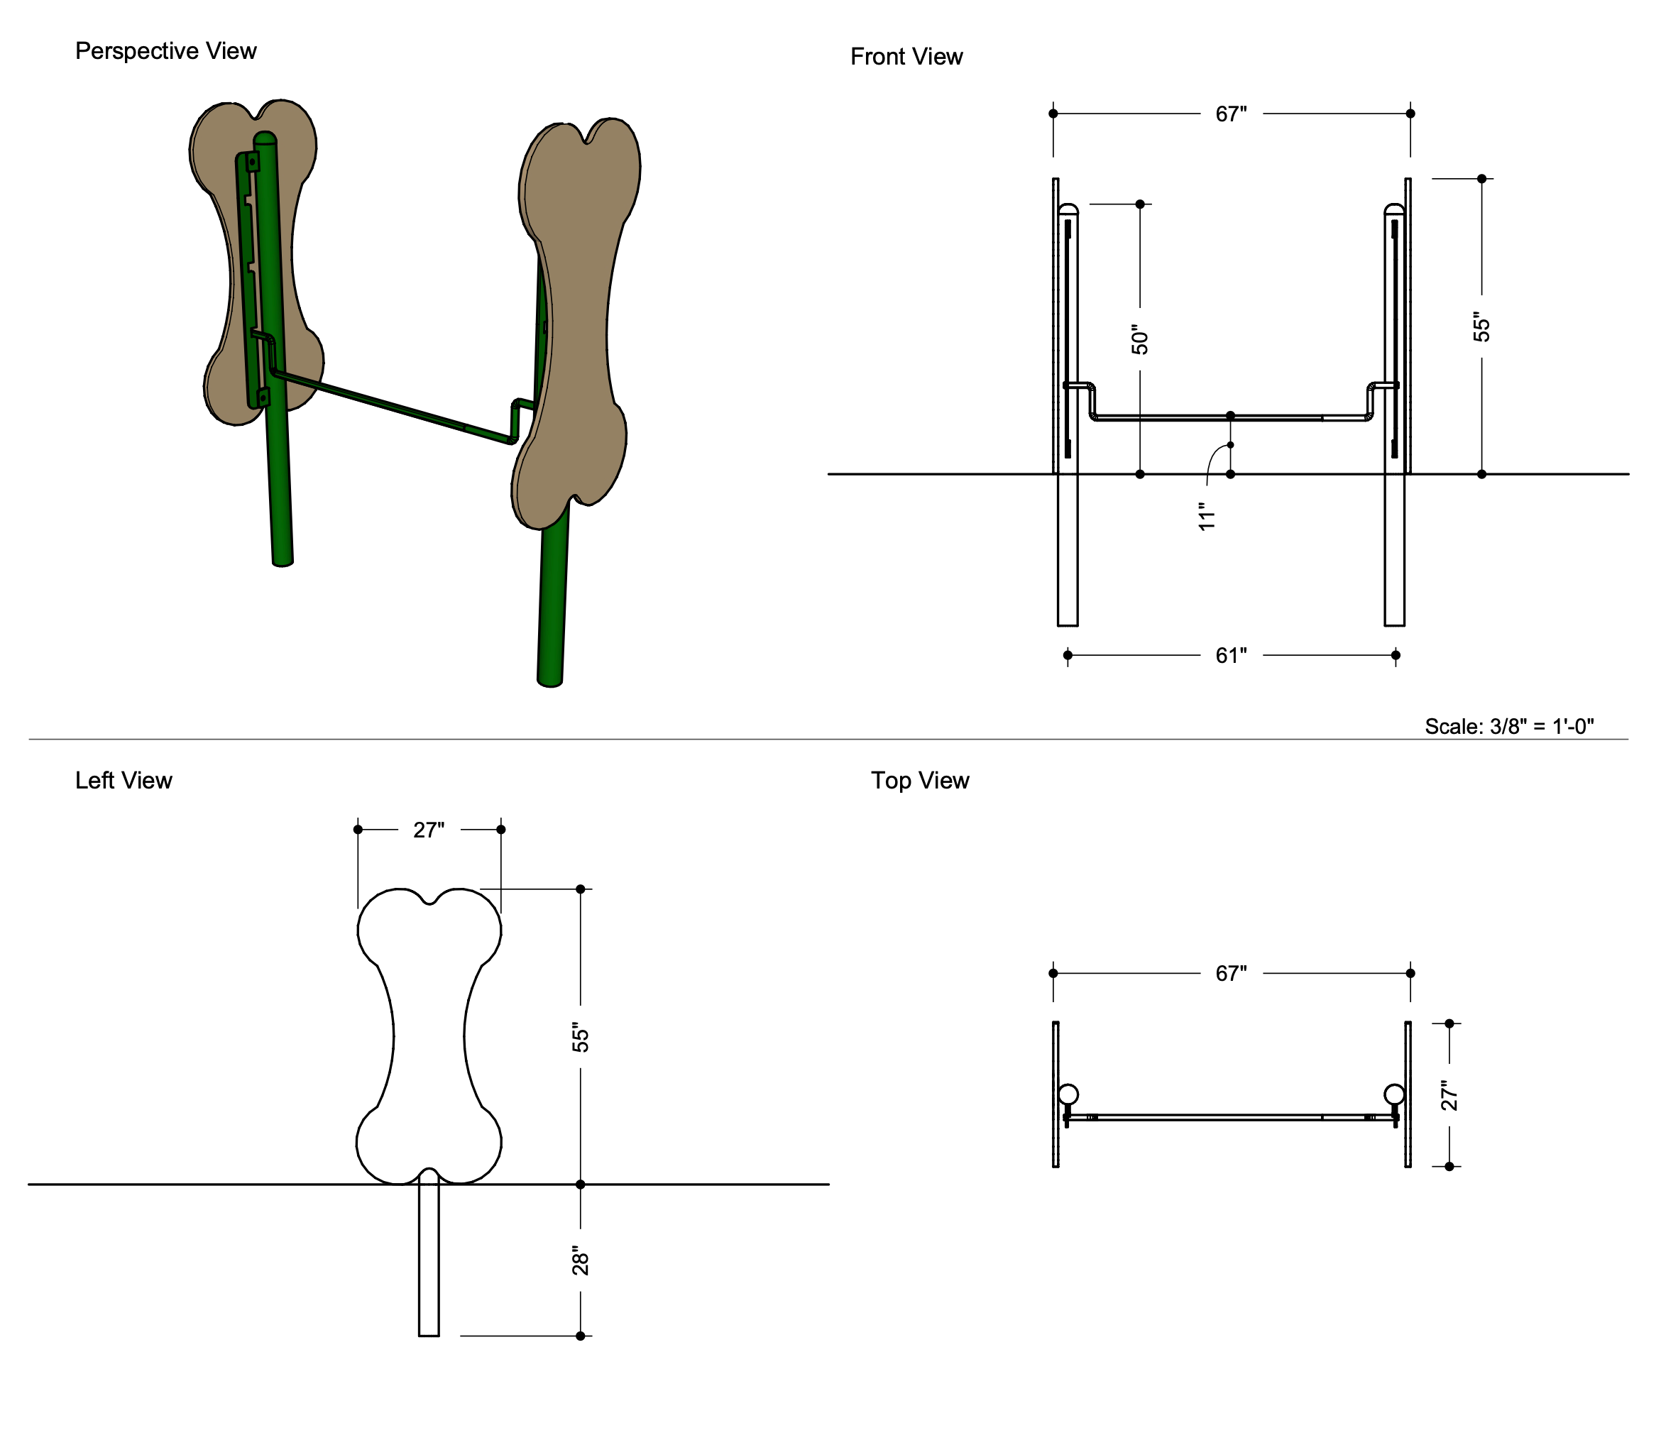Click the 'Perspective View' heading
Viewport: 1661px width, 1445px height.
[x=165, y=51]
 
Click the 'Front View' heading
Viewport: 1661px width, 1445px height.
[x=906, y=57]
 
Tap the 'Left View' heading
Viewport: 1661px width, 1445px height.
[x=124, y=781]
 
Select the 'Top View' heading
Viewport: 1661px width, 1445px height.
[x=919, y=781]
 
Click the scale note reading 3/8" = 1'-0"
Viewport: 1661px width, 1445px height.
[x=1508, y=727]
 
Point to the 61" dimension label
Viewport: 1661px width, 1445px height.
[x=1230, y=656]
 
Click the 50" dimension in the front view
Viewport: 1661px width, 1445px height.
[x=1139, y=340]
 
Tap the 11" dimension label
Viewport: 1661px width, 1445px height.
[x=1206, y=517]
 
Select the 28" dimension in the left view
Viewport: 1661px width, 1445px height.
[x=581, y=1261]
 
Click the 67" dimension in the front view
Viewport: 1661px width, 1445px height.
[x=1230, y=114]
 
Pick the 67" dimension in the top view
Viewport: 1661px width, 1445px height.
[x=1230, y=974]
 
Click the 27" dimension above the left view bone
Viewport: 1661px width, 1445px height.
[x=428, y=830]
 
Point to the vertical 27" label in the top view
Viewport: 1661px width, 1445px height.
[x=1449, y=1095]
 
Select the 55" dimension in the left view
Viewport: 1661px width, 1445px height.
[x=581, y=1038]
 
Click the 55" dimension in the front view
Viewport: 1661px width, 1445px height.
[x=1481, y=327]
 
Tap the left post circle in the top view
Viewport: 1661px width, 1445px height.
[x=1068, y=1094]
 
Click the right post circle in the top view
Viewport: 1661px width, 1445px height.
[x=1393, y=1094]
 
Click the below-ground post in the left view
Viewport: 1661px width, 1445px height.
[x=429, y=1258]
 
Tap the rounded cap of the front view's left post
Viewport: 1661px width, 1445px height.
[x=1068, y=209]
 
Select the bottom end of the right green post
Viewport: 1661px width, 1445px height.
[x=550, y=681]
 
